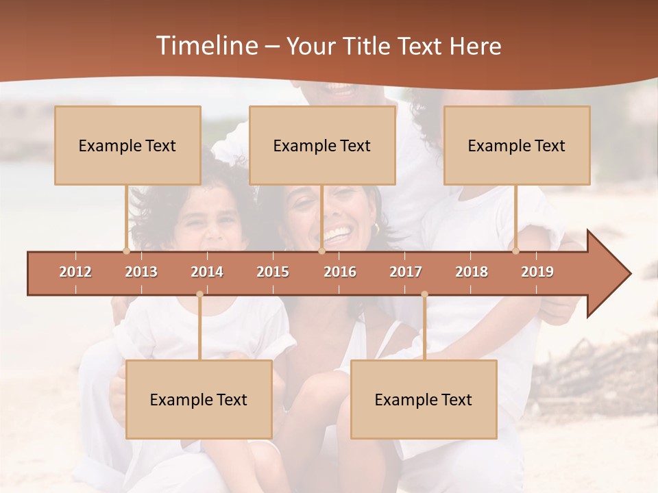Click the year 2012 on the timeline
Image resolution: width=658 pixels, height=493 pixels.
[75, 272]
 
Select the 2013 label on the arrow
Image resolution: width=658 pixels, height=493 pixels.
[141, 272]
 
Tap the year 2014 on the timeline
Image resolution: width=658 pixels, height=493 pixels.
[207, 272]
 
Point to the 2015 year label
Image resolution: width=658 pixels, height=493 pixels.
[273, 272]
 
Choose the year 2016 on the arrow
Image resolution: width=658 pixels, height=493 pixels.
[340, 272]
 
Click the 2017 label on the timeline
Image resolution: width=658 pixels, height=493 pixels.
[406, 272]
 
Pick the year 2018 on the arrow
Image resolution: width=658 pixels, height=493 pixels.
[472, 272]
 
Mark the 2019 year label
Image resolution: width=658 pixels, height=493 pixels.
[537, 272]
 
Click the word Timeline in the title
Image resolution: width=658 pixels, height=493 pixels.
[206, 46]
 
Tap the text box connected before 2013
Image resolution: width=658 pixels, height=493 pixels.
[127, 145]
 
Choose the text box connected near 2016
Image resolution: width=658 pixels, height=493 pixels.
[322, 145]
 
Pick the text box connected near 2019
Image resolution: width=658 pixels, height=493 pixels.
[517, 145]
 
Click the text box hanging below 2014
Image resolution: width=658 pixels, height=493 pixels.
[199, 399]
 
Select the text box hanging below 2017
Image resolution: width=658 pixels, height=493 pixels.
[424, 399]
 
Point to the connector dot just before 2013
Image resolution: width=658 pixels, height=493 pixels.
[126, 251]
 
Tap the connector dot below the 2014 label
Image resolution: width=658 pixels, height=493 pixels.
[199, 294]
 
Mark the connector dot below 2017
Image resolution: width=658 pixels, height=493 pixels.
[424, 294]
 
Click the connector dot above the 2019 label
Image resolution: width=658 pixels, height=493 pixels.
[515, 251]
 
